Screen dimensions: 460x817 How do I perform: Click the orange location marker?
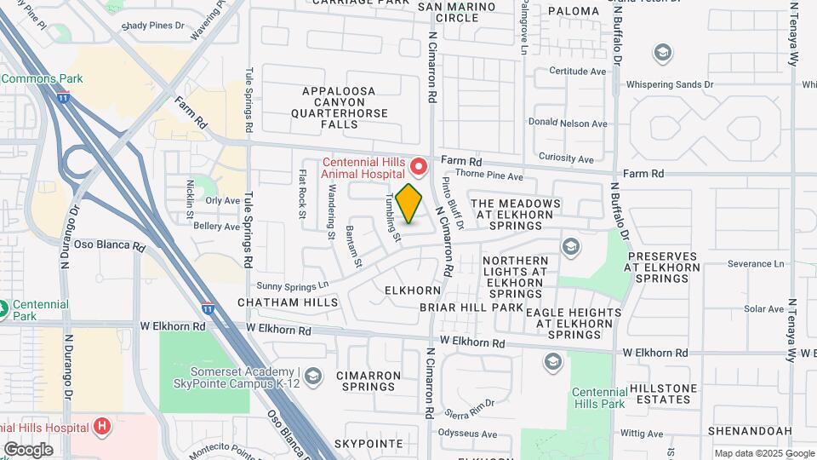(x=409, y=204)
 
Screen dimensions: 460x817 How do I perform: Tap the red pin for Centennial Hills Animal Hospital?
(x=418, y=164)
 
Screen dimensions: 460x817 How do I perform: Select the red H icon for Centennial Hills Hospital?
(x=101, y=426)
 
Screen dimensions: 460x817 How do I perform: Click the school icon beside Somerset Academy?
(x=313, y=376)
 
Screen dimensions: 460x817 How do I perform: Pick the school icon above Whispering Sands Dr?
(x=662, y=54)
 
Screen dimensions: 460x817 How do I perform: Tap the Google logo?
(x=28, y=449)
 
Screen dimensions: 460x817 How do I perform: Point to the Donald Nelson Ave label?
(x=568, y=124)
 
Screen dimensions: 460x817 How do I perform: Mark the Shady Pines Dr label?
(x=153, y=26)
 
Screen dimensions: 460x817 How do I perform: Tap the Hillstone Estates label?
(x=661, y=393)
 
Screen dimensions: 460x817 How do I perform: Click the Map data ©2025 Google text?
(x=764, y=453)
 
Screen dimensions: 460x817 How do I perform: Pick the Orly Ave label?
(x=223, y=201)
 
